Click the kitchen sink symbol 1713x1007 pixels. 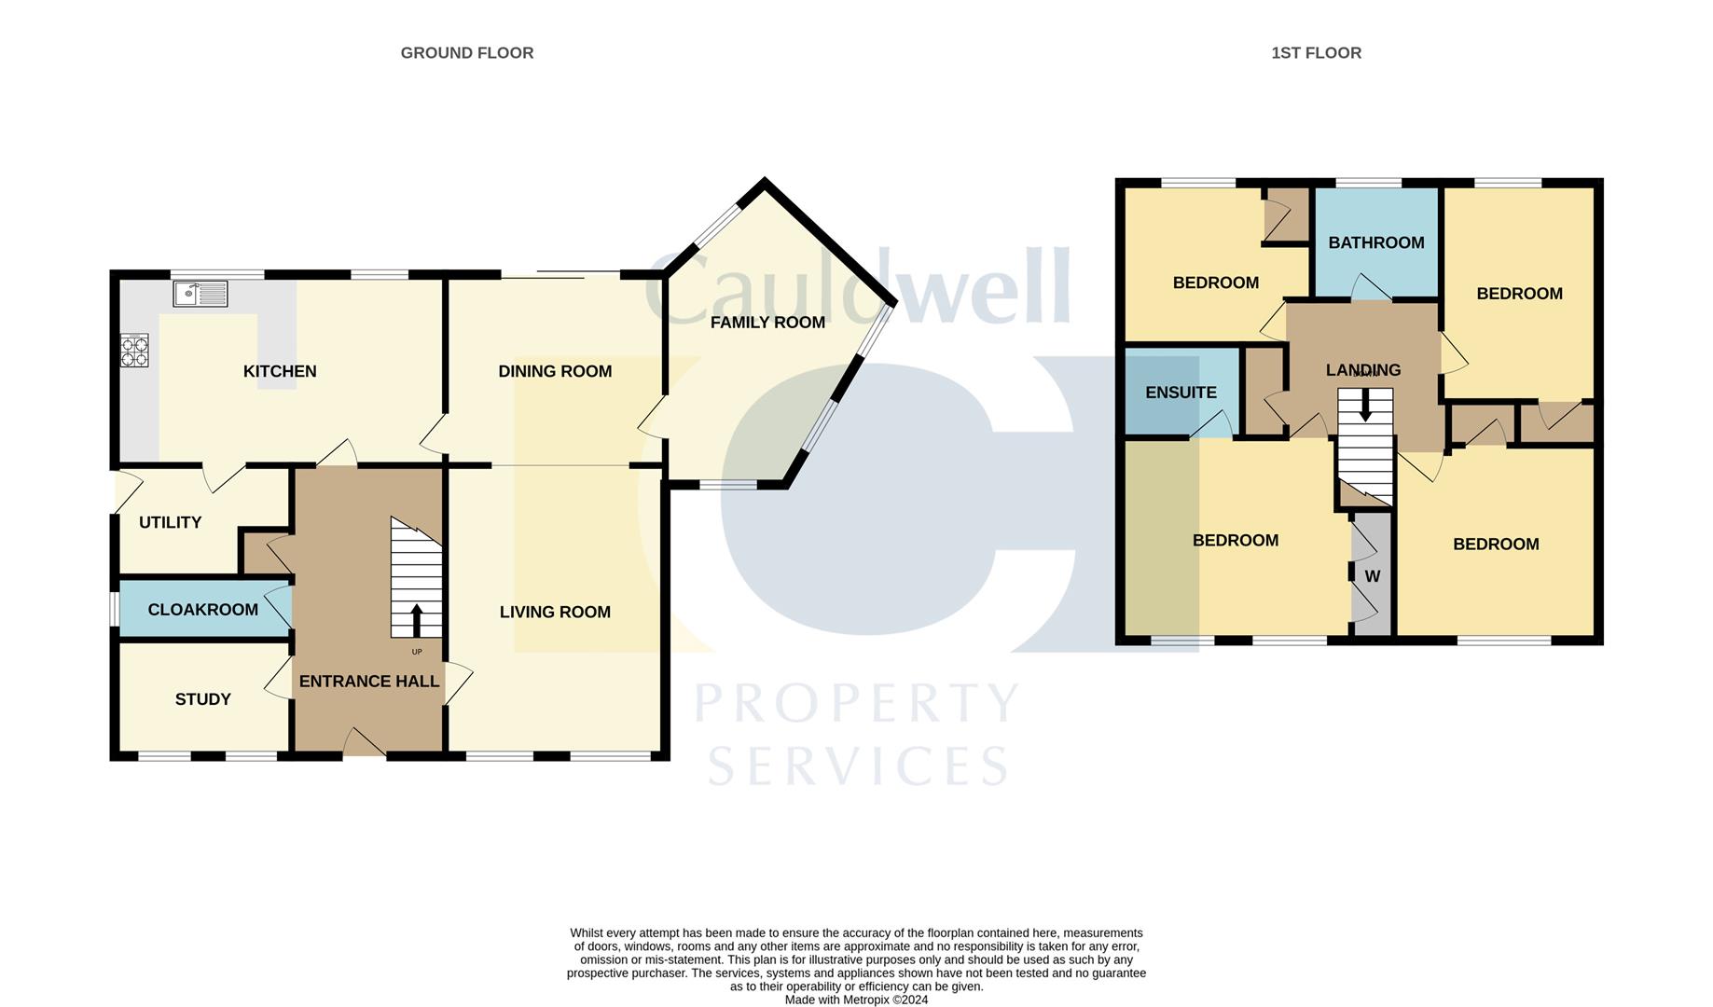tap(200, 294)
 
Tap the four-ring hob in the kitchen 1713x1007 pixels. tap(134, 352)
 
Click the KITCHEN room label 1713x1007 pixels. tap(280, 371)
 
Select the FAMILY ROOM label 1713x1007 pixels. tap(767, 323)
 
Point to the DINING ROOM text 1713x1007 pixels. tap(555, 371)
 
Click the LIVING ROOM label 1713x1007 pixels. tap(555, 612)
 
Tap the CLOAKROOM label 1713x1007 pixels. tap(202, 610)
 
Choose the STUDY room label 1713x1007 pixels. tap(202, 699)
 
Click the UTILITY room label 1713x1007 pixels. tap(170, 522)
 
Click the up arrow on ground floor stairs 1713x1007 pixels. tap(416, 619)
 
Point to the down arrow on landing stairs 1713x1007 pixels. tap(1365, 406)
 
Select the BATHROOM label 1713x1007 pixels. tap(1375, 242)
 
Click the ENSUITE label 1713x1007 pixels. tap(1181, 393)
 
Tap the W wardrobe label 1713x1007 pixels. tap(1373, 577)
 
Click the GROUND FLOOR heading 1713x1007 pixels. tap(466, 53)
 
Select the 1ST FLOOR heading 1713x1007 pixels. tap(1316, 53)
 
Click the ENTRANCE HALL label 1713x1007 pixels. tap(368, 682)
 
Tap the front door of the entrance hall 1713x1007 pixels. tap(364, 744)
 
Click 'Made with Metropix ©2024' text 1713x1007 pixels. tap(856, 1000)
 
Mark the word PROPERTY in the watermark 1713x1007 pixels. tap(856, 704)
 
